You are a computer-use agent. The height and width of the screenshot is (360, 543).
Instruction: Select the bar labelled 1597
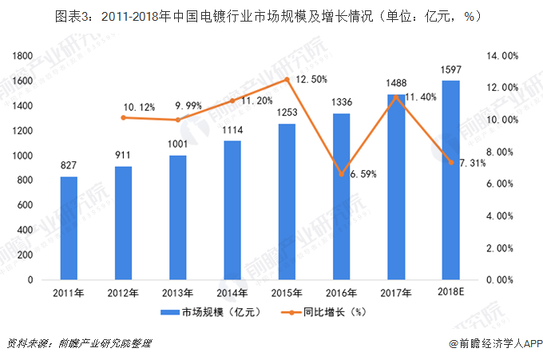(450, 180)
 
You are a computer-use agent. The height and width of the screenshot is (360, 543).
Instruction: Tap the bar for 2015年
(287, 202)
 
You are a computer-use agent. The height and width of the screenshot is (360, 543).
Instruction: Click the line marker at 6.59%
(341, 174)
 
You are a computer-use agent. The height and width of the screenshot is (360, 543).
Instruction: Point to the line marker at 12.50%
(287, 80)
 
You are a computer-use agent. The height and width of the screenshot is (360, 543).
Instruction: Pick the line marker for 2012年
(123, 117)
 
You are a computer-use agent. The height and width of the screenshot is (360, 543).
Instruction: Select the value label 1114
(232, 130)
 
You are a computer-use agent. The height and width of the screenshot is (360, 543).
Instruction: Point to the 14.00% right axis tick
(504, 56)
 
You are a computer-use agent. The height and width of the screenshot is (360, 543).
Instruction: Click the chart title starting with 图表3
(271, 16)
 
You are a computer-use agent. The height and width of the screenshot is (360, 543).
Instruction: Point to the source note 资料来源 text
(78, 344)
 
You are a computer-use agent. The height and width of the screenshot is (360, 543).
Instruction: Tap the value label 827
(69, 166)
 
